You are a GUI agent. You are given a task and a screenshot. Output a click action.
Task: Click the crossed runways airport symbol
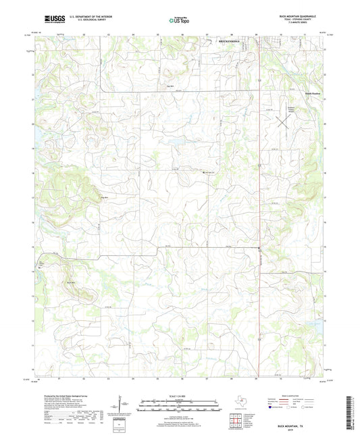[x=284, y=123]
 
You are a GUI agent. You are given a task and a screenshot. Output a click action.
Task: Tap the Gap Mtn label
[x=161, y=86]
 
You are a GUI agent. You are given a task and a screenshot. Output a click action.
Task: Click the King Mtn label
[x=104, y=197]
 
